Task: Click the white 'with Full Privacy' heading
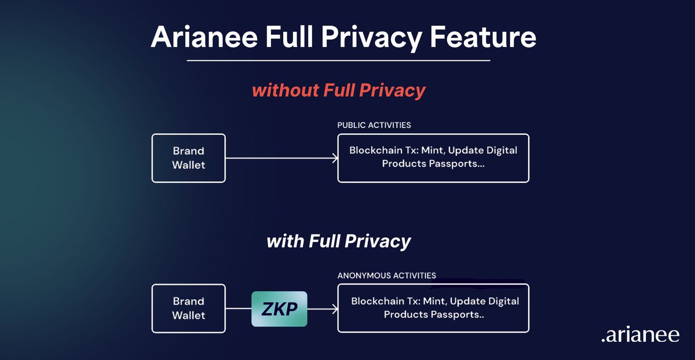coord(339,241)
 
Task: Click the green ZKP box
coord(279,309)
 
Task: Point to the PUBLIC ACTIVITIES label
coord(374,125)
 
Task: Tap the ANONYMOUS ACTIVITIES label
coord(387,275)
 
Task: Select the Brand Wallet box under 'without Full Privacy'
coord(188,158)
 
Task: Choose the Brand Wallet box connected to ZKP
coord(188,308)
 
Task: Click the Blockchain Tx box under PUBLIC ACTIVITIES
coord(433,158)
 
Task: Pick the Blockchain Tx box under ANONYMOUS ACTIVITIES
coord(433,308)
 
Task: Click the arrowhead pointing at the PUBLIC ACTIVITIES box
coord(334,158)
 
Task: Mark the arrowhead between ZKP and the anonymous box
coord(334,309)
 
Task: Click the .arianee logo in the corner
coord(640,336)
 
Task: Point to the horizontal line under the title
coord(339,60)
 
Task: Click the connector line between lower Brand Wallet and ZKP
coord(238,309)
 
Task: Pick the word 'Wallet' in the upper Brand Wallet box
coord(189,165)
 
